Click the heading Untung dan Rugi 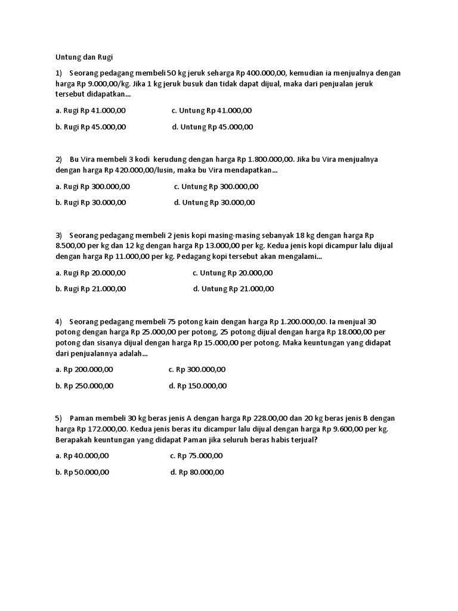pyautogui.click(x=83, y=57)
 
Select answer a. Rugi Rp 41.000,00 pyautogui.click(x=91, y=110)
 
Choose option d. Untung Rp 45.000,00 pyautogui.click(x=212, y=126)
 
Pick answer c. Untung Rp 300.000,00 pyautogui.click(x=216, y=186)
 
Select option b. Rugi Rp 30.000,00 pyautogui.click(x=91, y=202)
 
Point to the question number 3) pyautogui.click(x=59, y=235)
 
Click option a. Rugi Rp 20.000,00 pyautogui.click(x=91, y=273)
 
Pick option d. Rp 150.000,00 pyautogui.click(x=198, y=385)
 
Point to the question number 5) pyautogui.click(x=59, y=418)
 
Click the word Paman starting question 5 pyautogui.click(x=82, y=418)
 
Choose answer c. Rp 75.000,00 pyautogui.click(x=196, y=456)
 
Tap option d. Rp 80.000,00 pyautogui.click(x=197, y=472)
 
